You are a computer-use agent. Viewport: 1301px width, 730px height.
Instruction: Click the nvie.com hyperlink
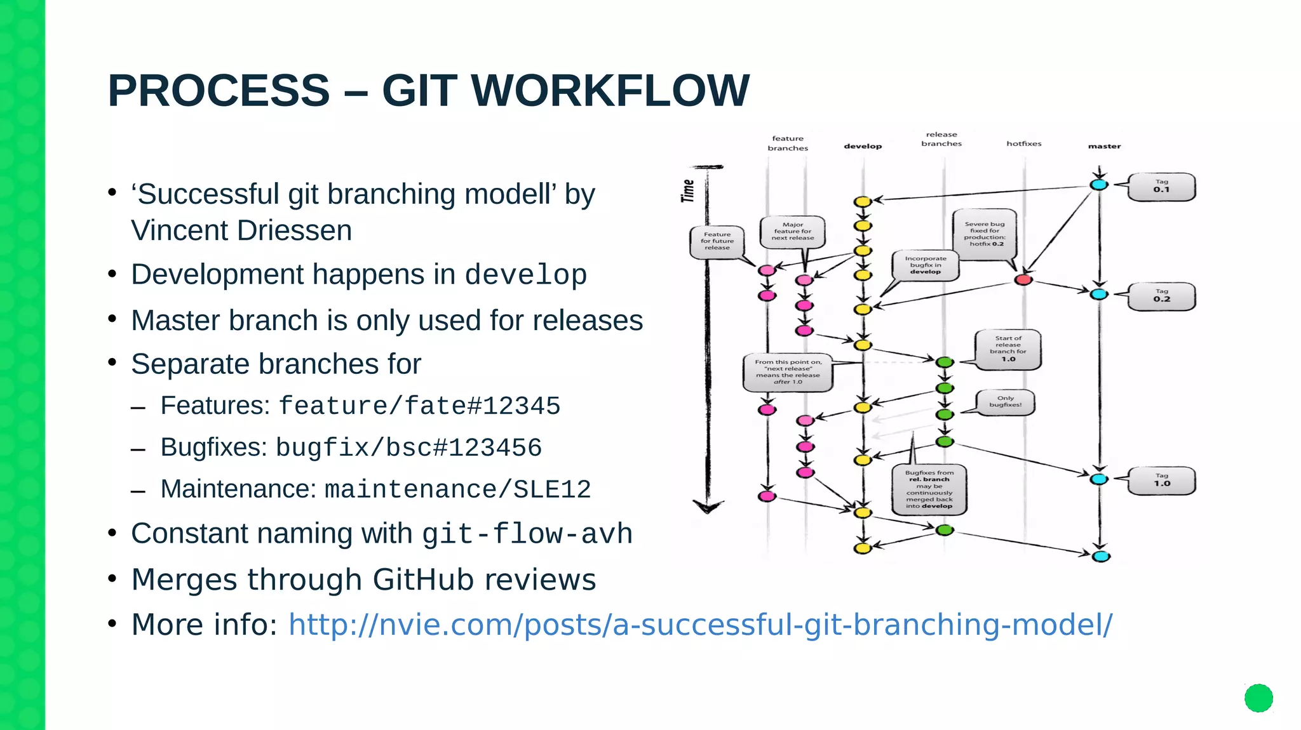coord(700,624)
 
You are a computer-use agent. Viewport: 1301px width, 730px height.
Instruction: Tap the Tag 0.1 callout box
coord(1161,187)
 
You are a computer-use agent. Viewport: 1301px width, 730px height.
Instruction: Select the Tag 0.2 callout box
coord(1161,296)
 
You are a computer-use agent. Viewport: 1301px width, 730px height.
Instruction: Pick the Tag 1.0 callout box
coord(1161,481)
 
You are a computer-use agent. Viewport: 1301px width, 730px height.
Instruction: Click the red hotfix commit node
coord(1023,280)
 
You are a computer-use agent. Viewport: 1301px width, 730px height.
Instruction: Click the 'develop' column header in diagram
coord(863,146)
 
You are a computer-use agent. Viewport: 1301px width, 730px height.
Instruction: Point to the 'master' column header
coord(1104,146)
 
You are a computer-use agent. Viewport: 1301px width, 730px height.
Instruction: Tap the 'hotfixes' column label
coord(1023,143)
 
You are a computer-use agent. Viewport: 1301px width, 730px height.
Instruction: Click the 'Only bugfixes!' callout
coord(1005,402)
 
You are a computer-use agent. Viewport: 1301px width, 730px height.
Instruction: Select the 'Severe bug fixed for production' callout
coord(985,234)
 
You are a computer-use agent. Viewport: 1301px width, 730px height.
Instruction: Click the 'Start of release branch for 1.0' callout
coord(1008,348)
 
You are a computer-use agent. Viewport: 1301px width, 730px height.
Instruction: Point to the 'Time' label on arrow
coord(688,190)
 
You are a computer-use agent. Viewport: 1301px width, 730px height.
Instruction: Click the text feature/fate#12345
coord(419,406)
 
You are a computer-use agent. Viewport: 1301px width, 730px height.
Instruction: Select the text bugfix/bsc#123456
coord(408,448)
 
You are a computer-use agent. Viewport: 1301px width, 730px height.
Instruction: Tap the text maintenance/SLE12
coord(457,490)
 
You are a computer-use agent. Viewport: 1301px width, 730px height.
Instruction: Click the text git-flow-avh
coord(527,534)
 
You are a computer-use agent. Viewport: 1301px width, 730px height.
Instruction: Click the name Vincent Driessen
coord(241,230)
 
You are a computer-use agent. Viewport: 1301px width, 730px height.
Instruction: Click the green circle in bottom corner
coord(1258,698)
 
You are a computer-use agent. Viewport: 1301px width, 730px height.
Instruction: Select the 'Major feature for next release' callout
coord(792,231)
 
